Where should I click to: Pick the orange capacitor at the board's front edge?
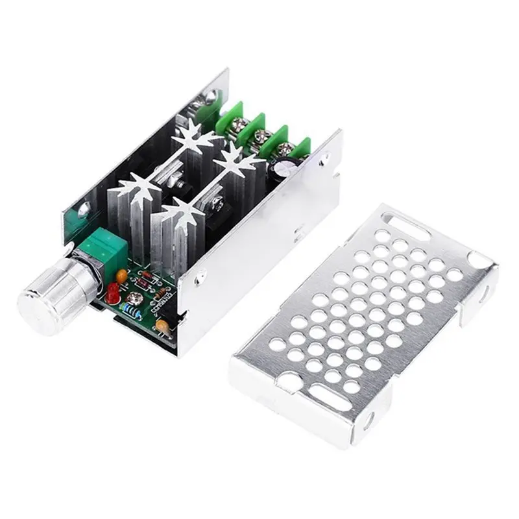coord(164,327)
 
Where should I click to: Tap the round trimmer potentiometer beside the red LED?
coord(136,298)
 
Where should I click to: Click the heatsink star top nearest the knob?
coord(138,189)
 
